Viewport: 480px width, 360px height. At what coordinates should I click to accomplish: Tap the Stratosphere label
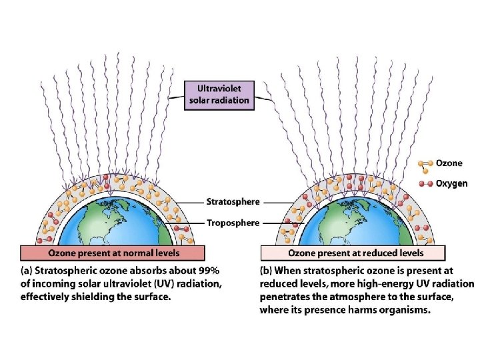coord(233,201)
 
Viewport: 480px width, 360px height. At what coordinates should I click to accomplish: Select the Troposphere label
coord(233,223)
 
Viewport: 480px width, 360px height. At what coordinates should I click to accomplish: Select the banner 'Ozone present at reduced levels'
coord(355,253)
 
